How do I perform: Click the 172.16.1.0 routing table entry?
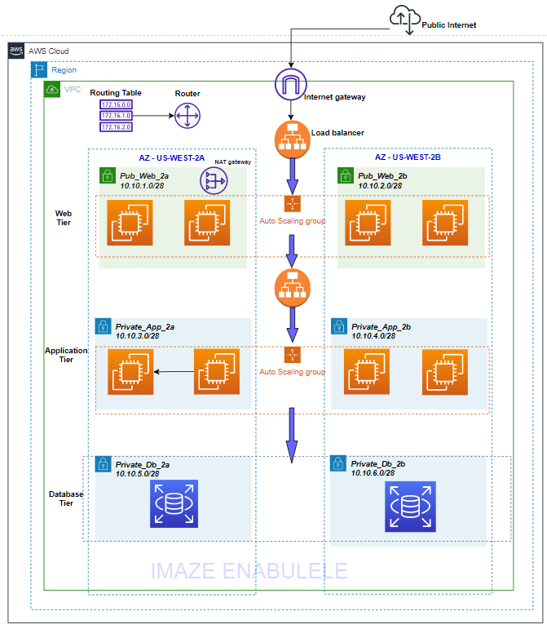point(115,116)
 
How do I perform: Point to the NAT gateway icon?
point(214,182)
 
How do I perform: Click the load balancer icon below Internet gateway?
point(293,140)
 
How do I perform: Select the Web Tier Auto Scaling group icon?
point(293,205)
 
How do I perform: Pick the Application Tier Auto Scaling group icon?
point(293,356)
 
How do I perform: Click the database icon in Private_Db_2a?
point(174,503)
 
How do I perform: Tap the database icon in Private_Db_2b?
point(410,506)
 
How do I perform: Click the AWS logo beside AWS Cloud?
point(16,51)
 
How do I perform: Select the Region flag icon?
point(39,70)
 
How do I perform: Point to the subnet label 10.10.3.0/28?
point(137,334)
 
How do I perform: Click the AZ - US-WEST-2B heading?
point(408,156)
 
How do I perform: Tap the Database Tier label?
point(65,498)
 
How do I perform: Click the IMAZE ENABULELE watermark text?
point(249,570)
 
